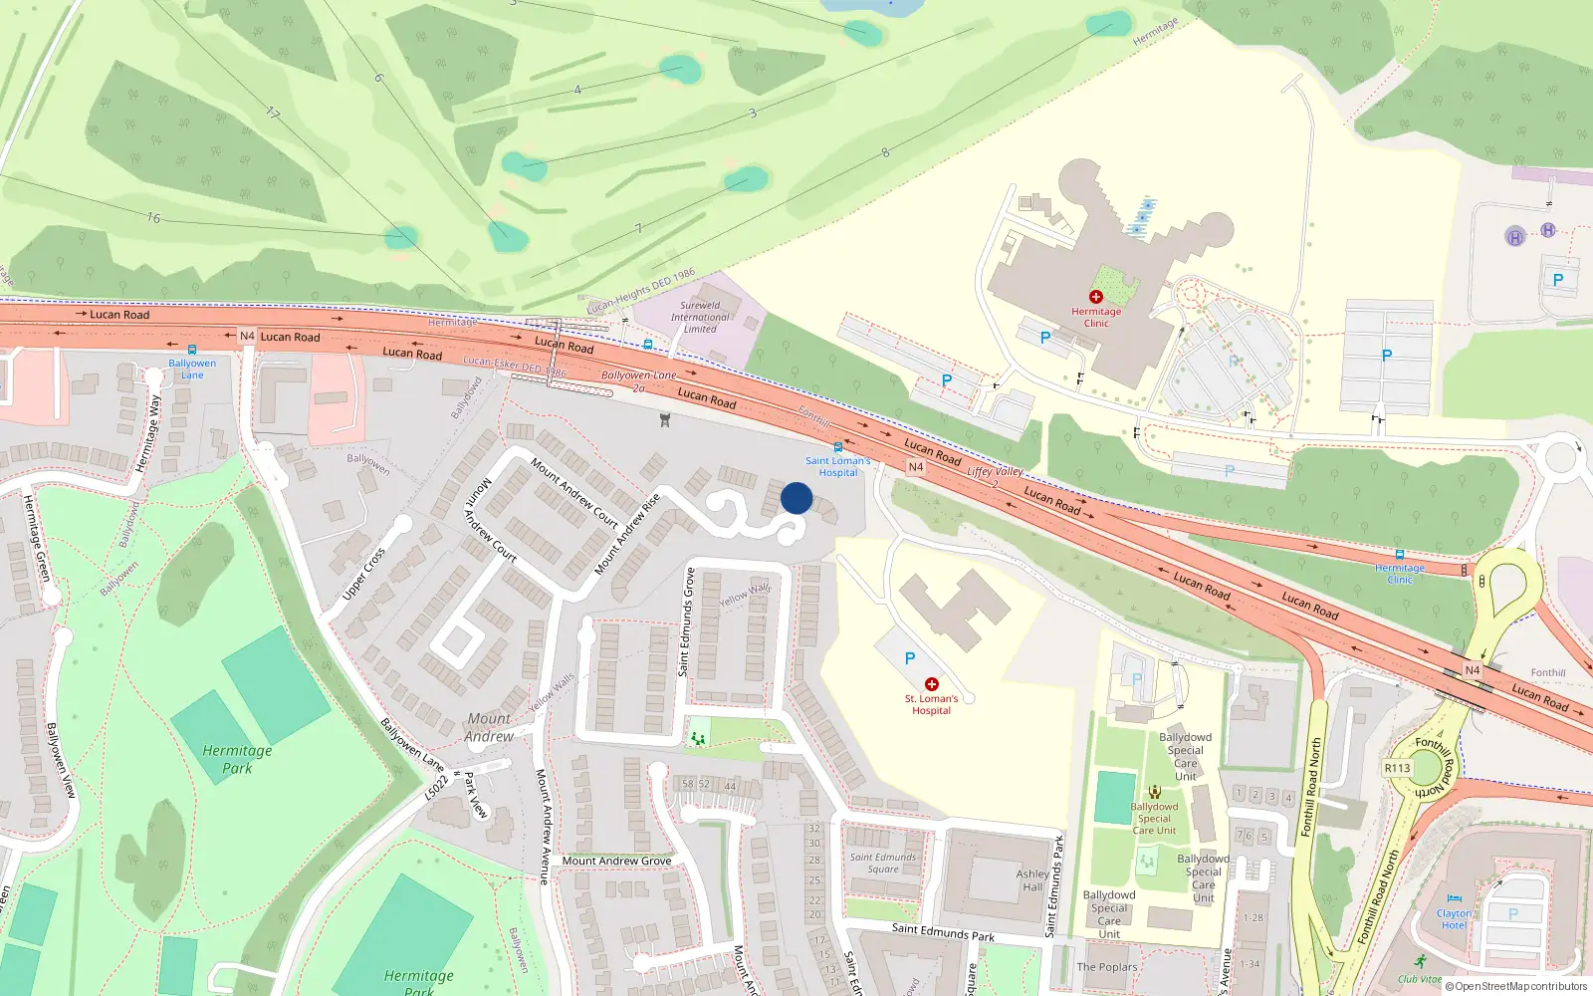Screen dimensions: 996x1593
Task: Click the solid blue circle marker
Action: [x=796, y=498]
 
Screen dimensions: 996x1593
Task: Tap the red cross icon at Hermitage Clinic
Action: [x=1096, y=297]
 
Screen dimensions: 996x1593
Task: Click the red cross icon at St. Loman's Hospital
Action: [x=932, y=684]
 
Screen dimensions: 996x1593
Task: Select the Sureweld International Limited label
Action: [x=700, y=318]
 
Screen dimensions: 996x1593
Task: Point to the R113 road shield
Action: [x=1397, y=768]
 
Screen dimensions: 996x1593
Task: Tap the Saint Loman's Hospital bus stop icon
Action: [x=837, y=448]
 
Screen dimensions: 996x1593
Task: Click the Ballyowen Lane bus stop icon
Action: [x=192, y=351]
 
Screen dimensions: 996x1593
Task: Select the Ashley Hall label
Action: [x=1032, y=880]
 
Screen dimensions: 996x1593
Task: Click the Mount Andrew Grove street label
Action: [x=616, y=861]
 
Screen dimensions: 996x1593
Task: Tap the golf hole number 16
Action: [x=153, y=217]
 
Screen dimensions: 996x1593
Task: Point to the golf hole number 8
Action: [x=885, y=152]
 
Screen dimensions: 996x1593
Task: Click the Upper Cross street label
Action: [x=363, y=575]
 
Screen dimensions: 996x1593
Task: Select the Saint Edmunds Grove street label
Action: [x=686, y=622]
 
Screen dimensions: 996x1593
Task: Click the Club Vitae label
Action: [x=1419, y=979]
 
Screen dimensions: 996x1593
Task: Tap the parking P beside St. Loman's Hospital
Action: [x=910, y=658]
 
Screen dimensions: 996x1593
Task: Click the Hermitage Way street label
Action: [x=147, y=433]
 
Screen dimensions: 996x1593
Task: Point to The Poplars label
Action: [x=1107, y=967]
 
